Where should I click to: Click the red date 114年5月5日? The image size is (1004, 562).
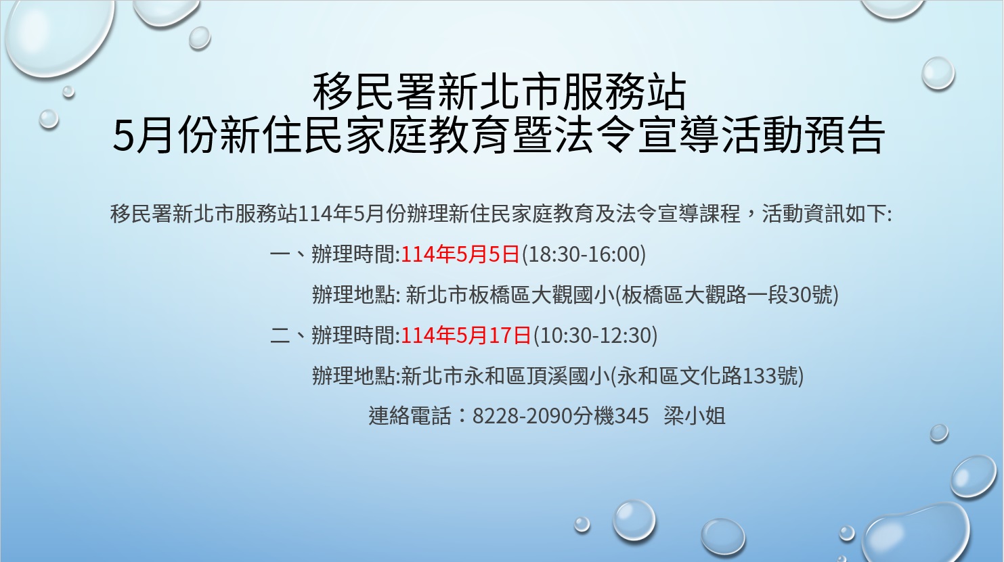[460, 254]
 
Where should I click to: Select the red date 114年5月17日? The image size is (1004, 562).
[466, 335]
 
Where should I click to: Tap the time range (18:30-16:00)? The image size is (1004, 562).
[583, 254]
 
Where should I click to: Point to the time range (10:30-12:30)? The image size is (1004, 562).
[595, 335]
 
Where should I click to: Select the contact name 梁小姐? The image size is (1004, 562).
[695, 416]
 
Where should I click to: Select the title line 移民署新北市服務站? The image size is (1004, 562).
[500, 93]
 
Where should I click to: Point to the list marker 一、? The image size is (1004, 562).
[288, 254]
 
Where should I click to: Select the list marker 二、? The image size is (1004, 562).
[288, 335]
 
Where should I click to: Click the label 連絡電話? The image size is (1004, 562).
[410, 416]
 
